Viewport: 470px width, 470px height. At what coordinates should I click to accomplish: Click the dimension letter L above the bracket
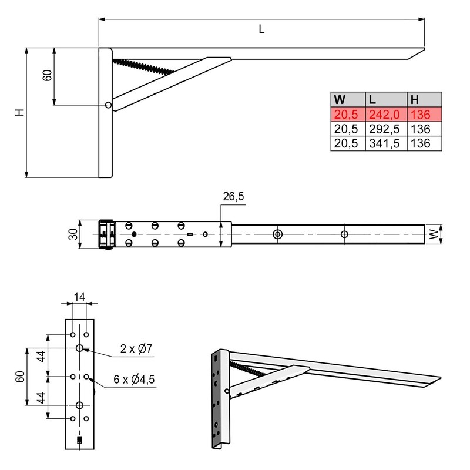(261, 29)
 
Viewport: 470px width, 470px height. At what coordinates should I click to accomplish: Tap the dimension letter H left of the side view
(19, 112)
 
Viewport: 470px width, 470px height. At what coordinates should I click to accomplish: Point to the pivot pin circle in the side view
(108, 105)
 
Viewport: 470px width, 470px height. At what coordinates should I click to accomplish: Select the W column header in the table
(340, 99)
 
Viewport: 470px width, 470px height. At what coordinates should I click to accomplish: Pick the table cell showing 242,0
(385, 114)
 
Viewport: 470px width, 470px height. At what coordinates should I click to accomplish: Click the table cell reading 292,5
(385, 129)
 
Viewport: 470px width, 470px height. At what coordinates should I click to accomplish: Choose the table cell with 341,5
(385, 143)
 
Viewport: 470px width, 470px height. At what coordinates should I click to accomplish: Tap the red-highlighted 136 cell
(421, 114)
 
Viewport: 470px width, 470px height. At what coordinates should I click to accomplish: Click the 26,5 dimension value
(233, 197)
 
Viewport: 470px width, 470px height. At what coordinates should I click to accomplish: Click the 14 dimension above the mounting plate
(79, 297)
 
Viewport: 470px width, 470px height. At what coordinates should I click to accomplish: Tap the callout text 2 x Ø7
(136, 349)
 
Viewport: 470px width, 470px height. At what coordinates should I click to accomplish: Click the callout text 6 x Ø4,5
(134, 380)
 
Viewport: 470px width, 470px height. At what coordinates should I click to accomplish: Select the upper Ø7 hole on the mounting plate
(79, 348)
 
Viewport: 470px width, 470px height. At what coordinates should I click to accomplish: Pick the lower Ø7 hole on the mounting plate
(79, 405)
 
